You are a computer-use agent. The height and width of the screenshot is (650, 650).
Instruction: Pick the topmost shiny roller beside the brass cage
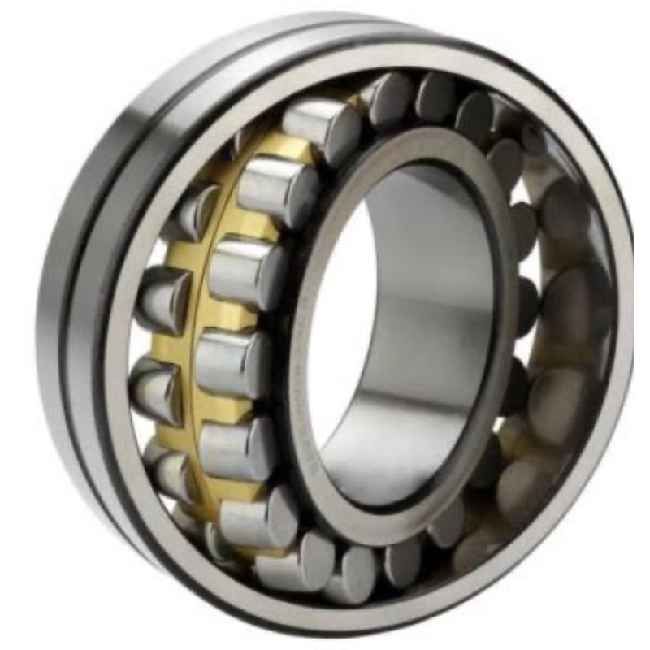coord(321,122)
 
